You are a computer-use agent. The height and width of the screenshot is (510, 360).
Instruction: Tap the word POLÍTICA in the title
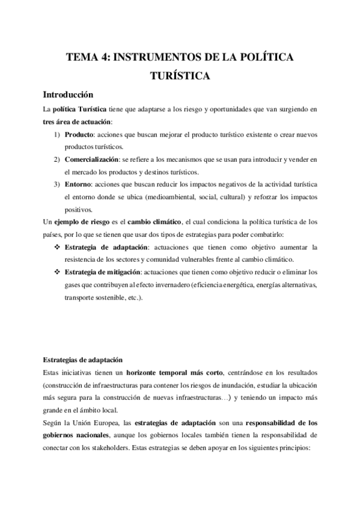(264, 58)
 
